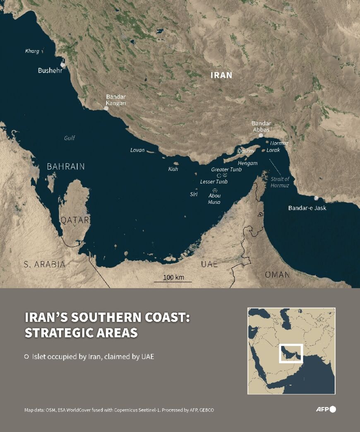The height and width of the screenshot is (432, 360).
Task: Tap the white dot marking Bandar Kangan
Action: [106, 108]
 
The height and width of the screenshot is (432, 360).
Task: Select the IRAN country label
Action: [221, 75]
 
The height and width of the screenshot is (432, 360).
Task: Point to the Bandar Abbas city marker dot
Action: [261, 135]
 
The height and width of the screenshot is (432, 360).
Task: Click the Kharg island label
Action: [32, 51]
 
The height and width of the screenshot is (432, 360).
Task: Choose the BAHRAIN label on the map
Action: [65, 167]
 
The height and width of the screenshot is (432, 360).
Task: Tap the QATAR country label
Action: [75, 220]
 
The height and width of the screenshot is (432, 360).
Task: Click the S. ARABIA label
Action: [44, 264]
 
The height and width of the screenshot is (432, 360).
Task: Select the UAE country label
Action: [209, 264]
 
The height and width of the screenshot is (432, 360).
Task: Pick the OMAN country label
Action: [277, 275]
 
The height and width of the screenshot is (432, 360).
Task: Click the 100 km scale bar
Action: [173, 281]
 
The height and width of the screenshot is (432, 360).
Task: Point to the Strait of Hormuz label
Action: [280, 182]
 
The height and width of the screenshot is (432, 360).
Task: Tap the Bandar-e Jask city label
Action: [307, 208]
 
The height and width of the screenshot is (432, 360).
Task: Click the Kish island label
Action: [173, 169]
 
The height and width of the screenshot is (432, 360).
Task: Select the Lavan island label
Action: [137, 150]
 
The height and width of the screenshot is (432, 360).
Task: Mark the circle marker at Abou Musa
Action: [215, 190]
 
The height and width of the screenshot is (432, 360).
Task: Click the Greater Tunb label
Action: [226, 169]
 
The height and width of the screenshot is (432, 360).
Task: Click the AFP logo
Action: [326, 409]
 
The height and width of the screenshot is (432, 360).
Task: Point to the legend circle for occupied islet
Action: [26, 356]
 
